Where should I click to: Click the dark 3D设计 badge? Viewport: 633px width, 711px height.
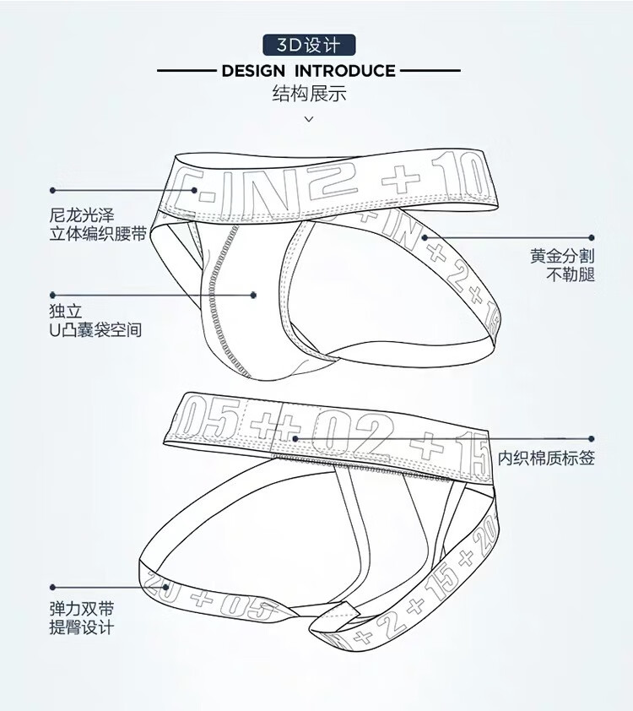point(309,44)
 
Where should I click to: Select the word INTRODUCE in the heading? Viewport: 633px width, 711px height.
point(344,71)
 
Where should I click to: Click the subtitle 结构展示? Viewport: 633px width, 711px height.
point(309,94)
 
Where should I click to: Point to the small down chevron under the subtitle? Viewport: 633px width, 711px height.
point(309,119)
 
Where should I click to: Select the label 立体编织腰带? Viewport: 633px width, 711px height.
point(97,234)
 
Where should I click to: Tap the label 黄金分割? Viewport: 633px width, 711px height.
point(562,256)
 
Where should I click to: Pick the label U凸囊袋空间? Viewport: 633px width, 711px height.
point(95,329)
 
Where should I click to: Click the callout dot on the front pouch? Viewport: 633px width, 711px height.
point(253,295)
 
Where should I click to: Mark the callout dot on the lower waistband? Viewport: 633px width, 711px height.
point(295,438)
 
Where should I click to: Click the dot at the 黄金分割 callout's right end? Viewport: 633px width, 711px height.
point(592,238)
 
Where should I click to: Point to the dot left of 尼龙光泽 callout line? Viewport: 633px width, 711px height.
point(52,190)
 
